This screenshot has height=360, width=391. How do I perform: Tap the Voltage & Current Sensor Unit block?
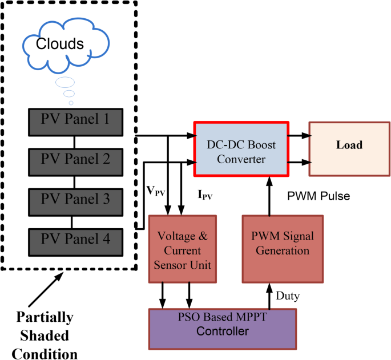tap(183, 249)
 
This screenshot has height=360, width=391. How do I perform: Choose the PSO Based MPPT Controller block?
tap(223, 325)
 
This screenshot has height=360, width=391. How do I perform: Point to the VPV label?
tap(155, 192)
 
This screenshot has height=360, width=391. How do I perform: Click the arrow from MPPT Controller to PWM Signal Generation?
tap(268, 296)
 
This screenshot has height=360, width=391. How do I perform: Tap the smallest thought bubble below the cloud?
tap(71, 103)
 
